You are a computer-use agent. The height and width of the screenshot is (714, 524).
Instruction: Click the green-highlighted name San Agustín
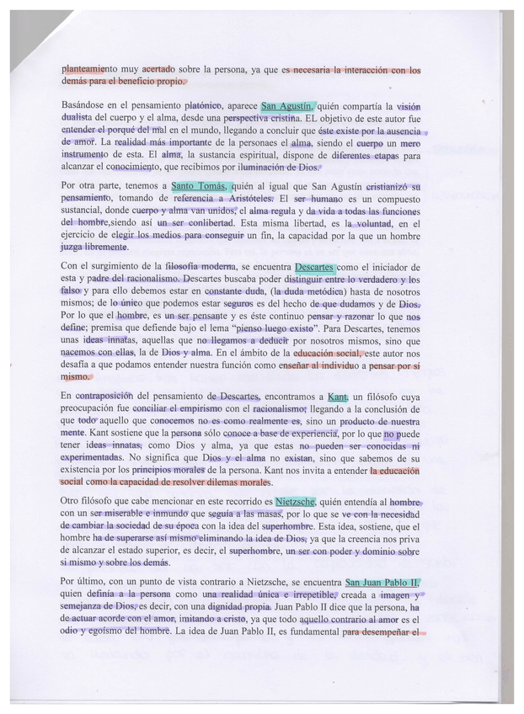coord(287,107)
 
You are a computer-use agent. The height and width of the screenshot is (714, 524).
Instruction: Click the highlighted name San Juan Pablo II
coord(382,582)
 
